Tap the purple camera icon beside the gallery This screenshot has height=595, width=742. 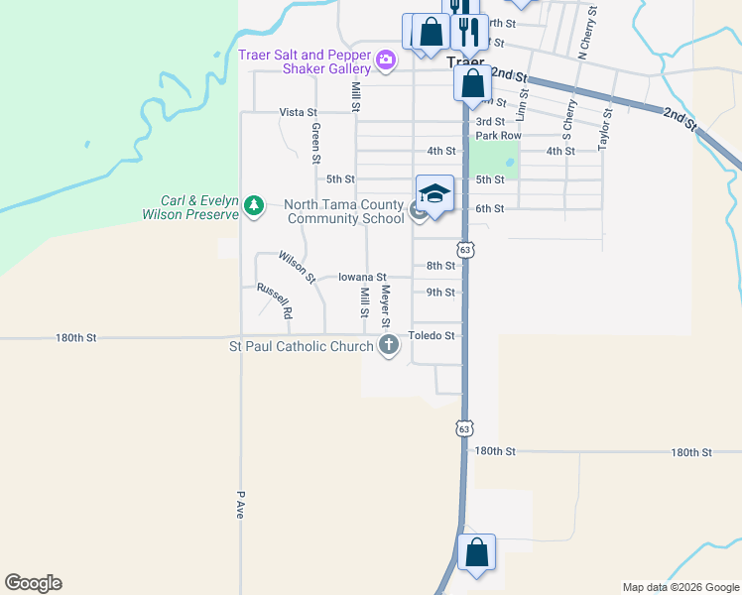(386, 62)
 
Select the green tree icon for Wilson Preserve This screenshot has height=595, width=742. (255, 206)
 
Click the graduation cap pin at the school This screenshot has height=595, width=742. (434, 194)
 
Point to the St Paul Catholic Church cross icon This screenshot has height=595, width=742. (389, 346)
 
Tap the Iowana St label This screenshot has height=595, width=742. (361, 278)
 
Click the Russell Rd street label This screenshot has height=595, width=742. (275, 298)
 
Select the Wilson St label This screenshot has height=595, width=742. (297, 266)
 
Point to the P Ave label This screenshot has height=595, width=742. (240, 505)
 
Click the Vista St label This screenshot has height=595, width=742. (298, 112)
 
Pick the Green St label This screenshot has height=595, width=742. (315, 143)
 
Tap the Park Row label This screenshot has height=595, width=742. (498, 135)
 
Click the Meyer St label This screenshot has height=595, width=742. (386, 307)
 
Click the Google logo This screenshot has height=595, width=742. (33, 583)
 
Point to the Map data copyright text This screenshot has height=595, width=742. (680, 587)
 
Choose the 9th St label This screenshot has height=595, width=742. (440, 293)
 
